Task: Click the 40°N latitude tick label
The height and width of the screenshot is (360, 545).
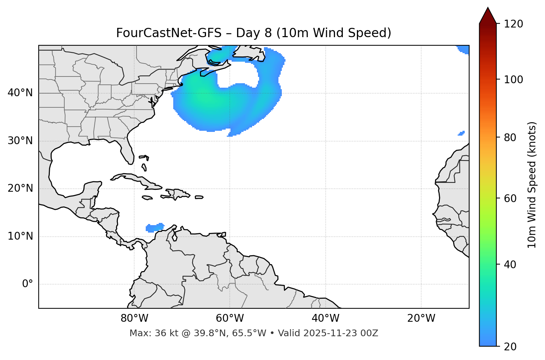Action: [20, 93]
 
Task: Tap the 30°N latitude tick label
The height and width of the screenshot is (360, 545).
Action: [20, 141]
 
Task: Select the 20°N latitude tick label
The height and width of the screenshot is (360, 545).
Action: [20, 188]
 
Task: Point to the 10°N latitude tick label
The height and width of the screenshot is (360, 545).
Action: [20, 236]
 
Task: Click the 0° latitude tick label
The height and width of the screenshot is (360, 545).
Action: [27, 284]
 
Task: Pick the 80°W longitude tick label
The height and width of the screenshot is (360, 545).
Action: [134, 318]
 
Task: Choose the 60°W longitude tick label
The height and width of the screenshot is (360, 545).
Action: [230, 318]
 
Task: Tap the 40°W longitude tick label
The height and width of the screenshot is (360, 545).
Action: [325, 318]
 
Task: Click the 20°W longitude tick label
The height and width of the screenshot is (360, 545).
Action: [421, 318]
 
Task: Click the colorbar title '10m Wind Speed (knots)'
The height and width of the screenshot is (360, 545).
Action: [532, 185]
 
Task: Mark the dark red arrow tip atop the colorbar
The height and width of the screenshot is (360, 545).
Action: [488, 15]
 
